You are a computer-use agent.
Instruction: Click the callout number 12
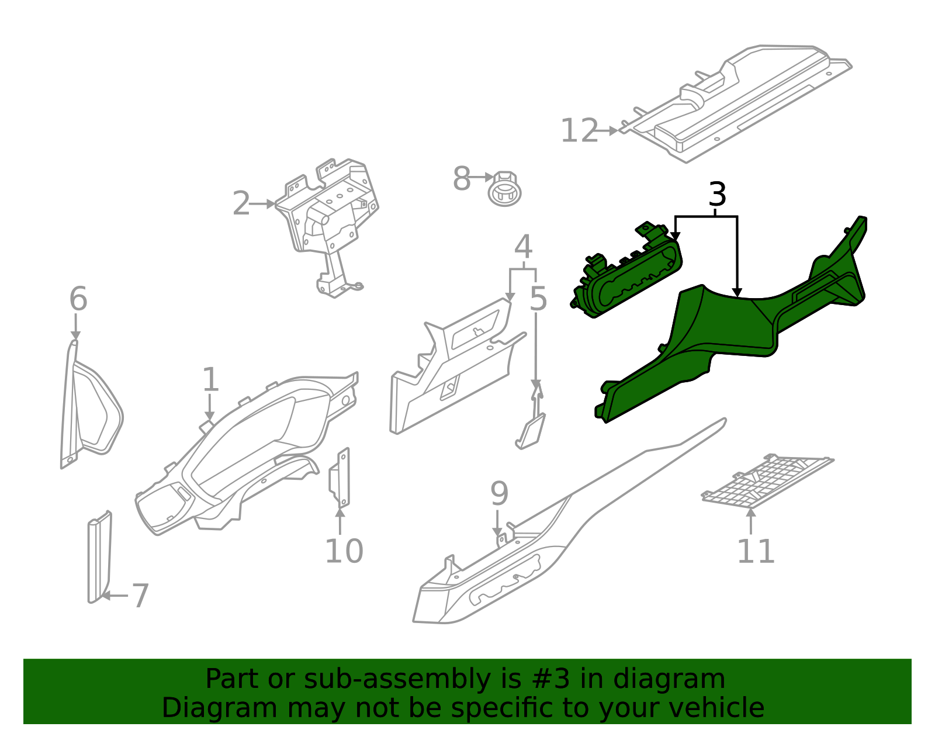click(x=579, y=131)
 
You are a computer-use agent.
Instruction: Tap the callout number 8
click(x=461, y=179)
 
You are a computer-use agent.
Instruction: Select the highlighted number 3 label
click(x=717, y=195)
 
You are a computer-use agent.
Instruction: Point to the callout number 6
click(x=78, y=299)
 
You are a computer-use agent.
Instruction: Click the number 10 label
click(x=344, y=551)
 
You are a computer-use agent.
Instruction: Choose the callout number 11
click(x=755, y=551)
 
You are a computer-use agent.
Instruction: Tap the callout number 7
click(x=140, y=596)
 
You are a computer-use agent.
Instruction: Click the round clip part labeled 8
click(x=505, y=189)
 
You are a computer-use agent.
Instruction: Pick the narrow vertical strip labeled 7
click(x=99, y=558)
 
